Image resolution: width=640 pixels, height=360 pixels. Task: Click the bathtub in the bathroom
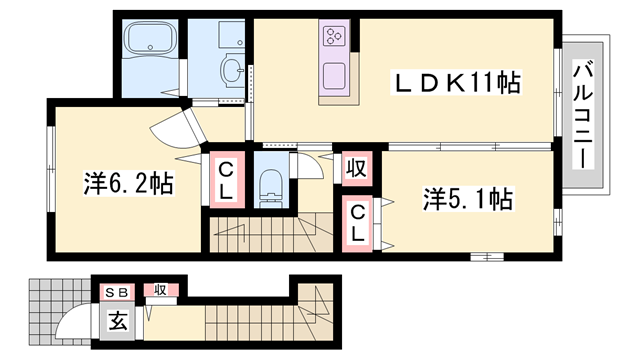coord(149,40)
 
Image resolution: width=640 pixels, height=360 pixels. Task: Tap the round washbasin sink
coord(232,70)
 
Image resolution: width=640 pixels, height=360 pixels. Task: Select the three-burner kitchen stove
coord(333,41)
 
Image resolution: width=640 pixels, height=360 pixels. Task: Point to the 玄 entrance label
coord(117,321)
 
